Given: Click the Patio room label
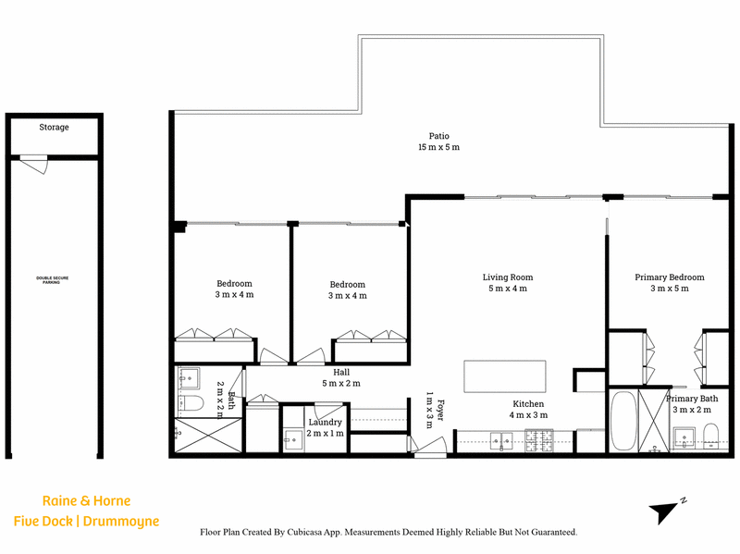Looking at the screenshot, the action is click(x=438, y=136).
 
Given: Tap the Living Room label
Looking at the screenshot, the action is click(x=507, y=277).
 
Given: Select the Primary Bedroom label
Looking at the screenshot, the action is click(x=669, y=277).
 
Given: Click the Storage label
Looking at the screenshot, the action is click(x=54, y=127).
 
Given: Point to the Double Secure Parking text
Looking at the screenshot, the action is click(x=53, y=280).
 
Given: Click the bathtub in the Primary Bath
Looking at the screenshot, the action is click(x=623, y=421).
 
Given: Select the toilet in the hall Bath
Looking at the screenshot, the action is click(x=191, y=402).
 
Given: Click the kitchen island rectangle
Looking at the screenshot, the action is click(x=504, y=376).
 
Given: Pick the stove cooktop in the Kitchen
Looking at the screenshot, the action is click(x=539, y=440).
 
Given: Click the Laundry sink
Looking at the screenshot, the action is click(x=293, y=439).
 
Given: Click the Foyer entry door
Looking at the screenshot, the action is click(x=429, y=447).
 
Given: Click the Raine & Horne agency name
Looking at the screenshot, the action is click(x=86, y=500).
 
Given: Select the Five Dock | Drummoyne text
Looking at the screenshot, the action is click(x=86, y=522).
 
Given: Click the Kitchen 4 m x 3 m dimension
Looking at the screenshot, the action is click(x=528, y=415).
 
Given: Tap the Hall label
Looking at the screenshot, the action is click(x=341, y=373).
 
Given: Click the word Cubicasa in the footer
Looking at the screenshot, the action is click(x=304, y=533).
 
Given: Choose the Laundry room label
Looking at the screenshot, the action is click(x=325, y=423).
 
